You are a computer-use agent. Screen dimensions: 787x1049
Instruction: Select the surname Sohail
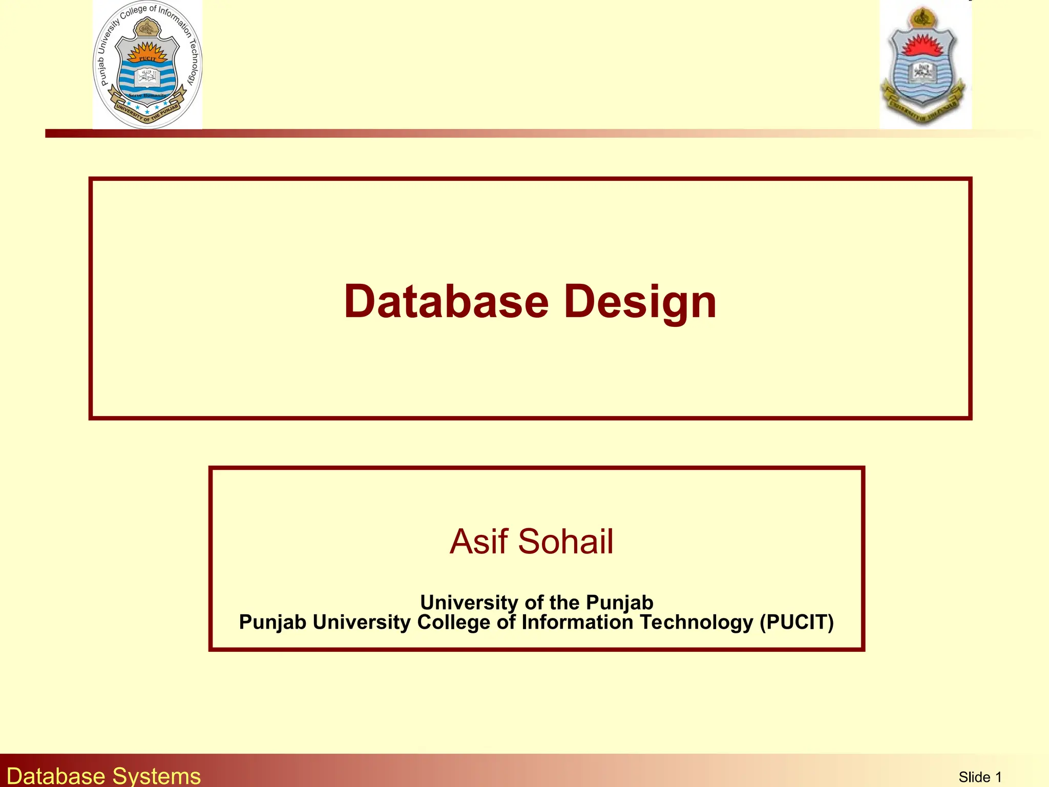(x=565, y=542)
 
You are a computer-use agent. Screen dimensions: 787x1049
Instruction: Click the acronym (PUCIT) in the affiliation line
(x=796, y=622)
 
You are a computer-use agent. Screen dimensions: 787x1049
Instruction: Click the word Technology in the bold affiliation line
(x=696, y=622)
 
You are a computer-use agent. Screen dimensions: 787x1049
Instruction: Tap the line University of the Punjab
(x=536, y=603)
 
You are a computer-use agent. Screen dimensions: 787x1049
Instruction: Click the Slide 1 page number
(x=980, y=777)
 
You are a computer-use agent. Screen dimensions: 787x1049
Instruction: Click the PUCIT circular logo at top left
(x=148, y=65)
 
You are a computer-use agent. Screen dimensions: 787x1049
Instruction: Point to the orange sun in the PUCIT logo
(x=148, y=51)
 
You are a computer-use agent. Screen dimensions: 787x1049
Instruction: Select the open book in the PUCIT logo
(x=148, y=77)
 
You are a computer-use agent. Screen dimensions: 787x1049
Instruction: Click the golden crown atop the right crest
(x=923, y=18)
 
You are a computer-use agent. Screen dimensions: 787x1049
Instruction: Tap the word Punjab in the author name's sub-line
(x=619, y=603)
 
